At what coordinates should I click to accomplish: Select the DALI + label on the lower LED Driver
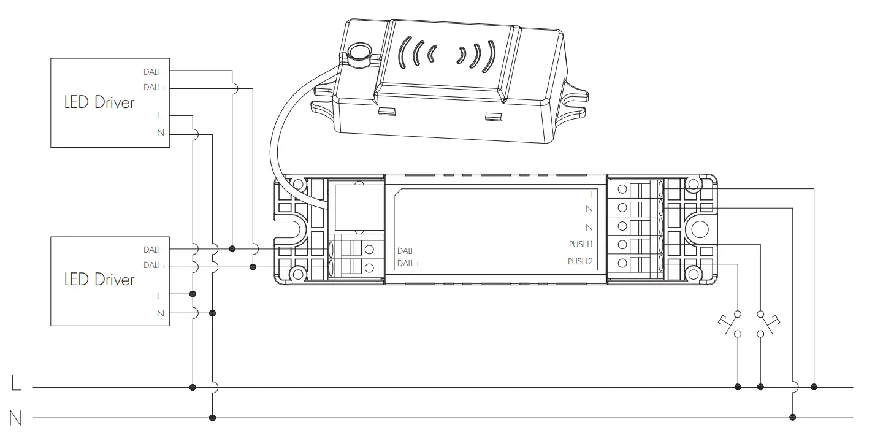point(155,266)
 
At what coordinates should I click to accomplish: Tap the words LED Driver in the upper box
point(99,102)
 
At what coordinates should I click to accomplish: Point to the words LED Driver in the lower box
point(99,280)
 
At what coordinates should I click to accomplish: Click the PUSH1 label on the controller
point(581,244)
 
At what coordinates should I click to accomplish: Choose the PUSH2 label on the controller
point(581,261)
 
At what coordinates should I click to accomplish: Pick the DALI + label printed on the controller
point(408,264)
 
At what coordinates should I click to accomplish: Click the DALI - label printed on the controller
point(408,251)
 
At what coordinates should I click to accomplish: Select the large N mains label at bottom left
point(16,418)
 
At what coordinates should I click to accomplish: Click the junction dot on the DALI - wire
point(232,249)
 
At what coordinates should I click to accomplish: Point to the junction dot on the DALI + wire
point(253,267)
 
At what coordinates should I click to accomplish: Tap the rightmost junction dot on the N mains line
point(792,418)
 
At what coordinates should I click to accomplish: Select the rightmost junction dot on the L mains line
point(814,387)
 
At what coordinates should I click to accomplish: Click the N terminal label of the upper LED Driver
point(161,133)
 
